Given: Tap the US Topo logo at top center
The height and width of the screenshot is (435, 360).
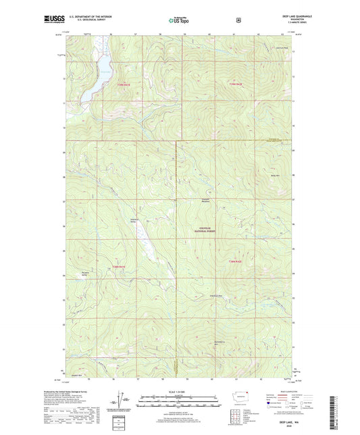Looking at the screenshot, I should (x=180, y=21).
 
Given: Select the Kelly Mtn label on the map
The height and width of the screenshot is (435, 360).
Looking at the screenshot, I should (x=276, y=175).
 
